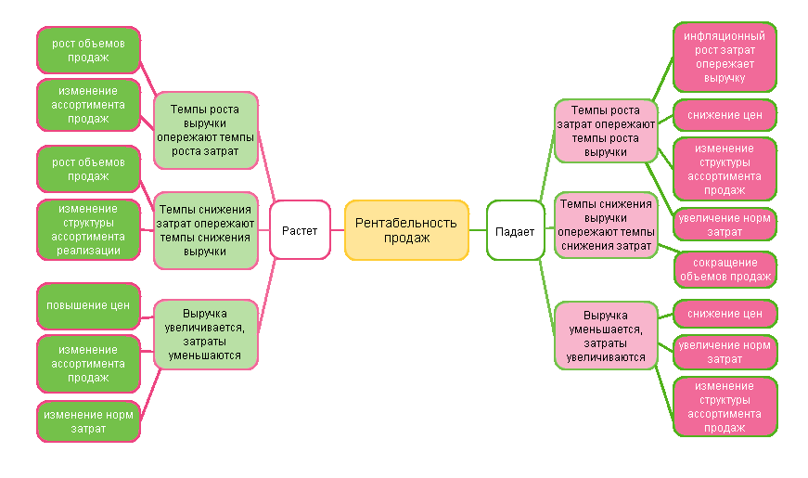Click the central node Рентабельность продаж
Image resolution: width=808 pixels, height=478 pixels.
coord(406,230)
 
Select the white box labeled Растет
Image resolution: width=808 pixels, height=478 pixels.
coord(300,230)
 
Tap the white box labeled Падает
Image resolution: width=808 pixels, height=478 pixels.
coord(515,230)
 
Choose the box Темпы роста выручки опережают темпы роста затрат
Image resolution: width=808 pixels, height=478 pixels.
coord(205,130)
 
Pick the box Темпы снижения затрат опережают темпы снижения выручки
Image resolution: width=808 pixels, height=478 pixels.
coord(205,230)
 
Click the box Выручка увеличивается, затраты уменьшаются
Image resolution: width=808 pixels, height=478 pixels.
coord(205,334)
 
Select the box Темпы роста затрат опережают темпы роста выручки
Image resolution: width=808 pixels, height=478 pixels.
coord(606,131)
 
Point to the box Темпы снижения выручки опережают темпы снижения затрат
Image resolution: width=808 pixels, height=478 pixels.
coord(606,224)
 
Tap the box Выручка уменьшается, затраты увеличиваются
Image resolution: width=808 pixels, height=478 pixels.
coord(606,335)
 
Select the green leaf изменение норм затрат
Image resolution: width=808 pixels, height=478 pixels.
coord(88,420)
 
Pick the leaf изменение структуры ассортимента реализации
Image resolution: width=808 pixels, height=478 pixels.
coord(88,229)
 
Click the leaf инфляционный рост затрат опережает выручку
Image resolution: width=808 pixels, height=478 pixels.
coord(725,57)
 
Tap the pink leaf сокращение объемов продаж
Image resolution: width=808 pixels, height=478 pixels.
coord(725,269)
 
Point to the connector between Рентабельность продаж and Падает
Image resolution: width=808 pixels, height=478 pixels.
coord(478,230)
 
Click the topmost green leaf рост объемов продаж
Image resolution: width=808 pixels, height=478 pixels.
coord(88,50)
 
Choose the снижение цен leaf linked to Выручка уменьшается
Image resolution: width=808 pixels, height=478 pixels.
coord(725,314)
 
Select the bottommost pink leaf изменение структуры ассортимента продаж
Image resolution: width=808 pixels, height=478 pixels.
coord(725,407)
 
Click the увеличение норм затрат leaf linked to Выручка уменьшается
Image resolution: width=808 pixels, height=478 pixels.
coord(725,352)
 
